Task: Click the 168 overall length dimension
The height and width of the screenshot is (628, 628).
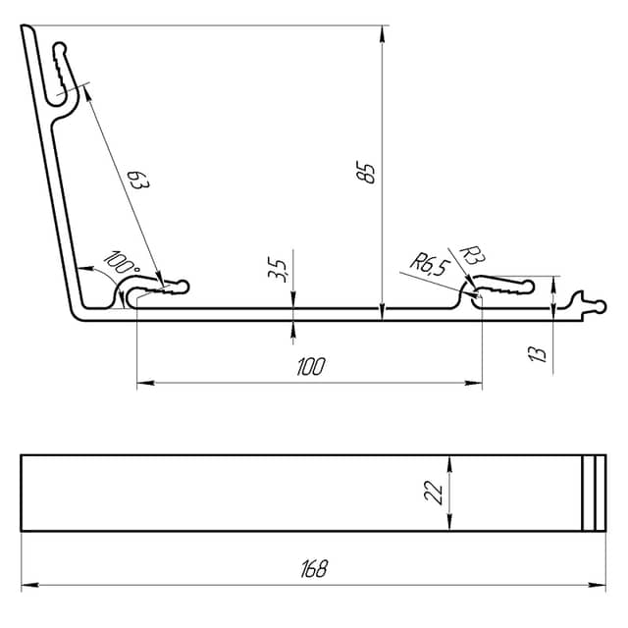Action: [314, 569]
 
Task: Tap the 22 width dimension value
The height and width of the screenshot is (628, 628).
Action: [434, 492]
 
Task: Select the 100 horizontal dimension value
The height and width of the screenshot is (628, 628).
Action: [311, 366]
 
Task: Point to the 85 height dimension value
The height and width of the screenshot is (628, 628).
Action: [366, 173]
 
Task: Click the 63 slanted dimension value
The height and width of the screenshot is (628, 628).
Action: [138, 180]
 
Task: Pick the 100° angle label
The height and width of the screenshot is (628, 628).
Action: [122, 262]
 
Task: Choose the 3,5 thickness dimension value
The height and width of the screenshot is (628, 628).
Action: [277, 270]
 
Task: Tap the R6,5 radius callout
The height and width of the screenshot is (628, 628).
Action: [430, 264]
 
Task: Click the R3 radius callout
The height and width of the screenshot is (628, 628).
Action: [473, 255]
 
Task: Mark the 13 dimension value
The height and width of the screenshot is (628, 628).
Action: [538, 353]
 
